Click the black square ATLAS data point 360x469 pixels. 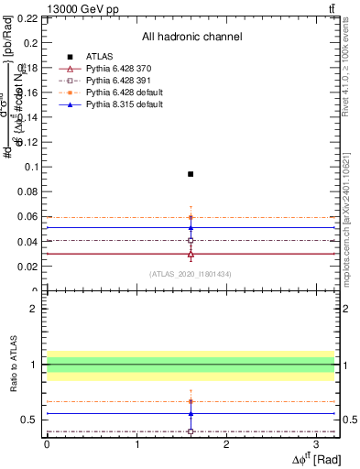point(191,174)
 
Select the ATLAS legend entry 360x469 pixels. point(99,57)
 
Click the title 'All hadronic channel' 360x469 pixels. point(191,37)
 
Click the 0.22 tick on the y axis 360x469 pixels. point(27,18)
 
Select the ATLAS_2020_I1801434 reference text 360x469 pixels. point(191,274)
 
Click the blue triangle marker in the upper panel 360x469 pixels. point(191,227)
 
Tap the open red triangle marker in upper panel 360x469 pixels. point(191,254)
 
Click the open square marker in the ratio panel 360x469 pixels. point(191,431)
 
